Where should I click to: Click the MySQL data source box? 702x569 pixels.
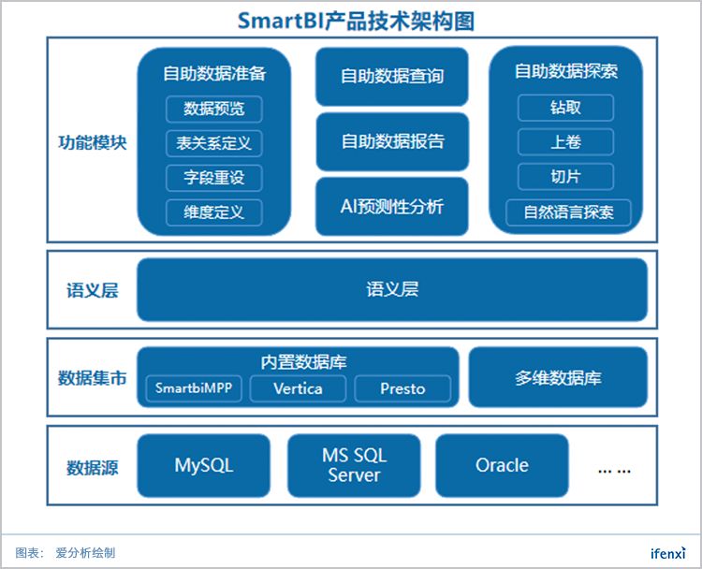tap(203, 465)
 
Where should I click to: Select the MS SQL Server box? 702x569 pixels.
tap(354, 465)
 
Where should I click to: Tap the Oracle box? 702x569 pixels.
tap(502, 465)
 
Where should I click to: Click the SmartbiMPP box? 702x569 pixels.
tap(194, 388)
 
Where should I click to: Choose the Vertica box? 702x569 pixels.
tap(299, 388)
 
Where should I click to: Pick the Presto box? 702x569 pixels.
tap(402, 388)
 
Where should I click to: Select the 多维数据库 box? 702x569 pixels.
tap(558, 378)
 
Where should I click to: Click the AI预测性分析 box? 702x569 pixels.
tap(391, 207)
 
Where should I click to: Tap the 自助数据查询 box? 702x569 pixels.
tap(391, 77)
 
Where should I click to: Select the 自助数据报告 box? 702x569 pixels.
tap(391, 142)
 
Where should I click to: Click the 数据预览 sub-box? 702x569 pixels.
tap(214, 109)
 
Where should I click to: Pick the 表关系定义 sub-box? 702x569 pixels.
tap(214, 143)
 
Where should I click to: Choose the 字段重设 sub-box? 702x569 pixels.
tap(214, 178)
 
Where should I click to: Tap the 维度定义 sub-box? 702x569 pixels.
tap(214, 212)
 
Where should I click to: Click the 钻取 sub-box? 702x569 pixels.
tap(565, 108)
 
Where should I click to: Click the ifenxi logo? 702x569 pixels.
tap(668, 553)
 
